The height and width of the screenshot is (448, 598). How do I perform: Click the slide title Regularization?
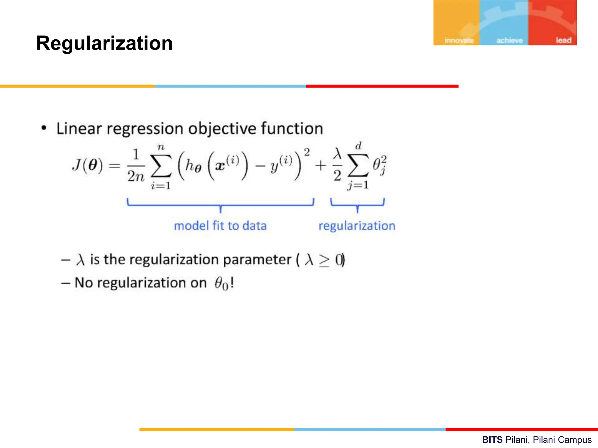[104, 43]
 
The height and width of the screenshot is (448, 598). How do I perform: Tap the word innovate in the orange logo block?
[459, 40]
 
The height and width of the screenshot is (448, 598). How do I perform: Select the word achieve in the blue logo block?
[510, 40]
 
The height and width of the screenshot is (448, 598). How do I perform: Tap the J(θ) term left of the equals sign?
[87, 165]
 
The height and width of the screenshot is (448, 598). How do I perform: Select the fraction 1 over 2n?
[136, 166]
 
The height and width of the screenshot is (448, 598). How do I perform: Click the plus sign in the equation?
[320, 166]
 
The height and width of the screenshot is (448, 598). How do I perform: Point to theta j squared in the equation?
[379, 165]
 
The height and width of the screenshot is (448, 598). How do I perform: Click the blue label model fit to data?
[220, 226]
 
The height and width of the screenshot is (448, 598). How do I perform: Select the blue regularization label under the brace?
[357, 226]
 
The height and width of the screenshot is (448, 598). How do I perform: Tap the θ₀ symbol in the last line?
[221, 283]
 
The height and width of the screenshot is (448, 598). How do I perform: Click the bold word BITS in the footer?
[492, 440]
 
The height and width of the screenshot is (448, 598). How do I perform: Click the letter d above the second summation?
[358, 146]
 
